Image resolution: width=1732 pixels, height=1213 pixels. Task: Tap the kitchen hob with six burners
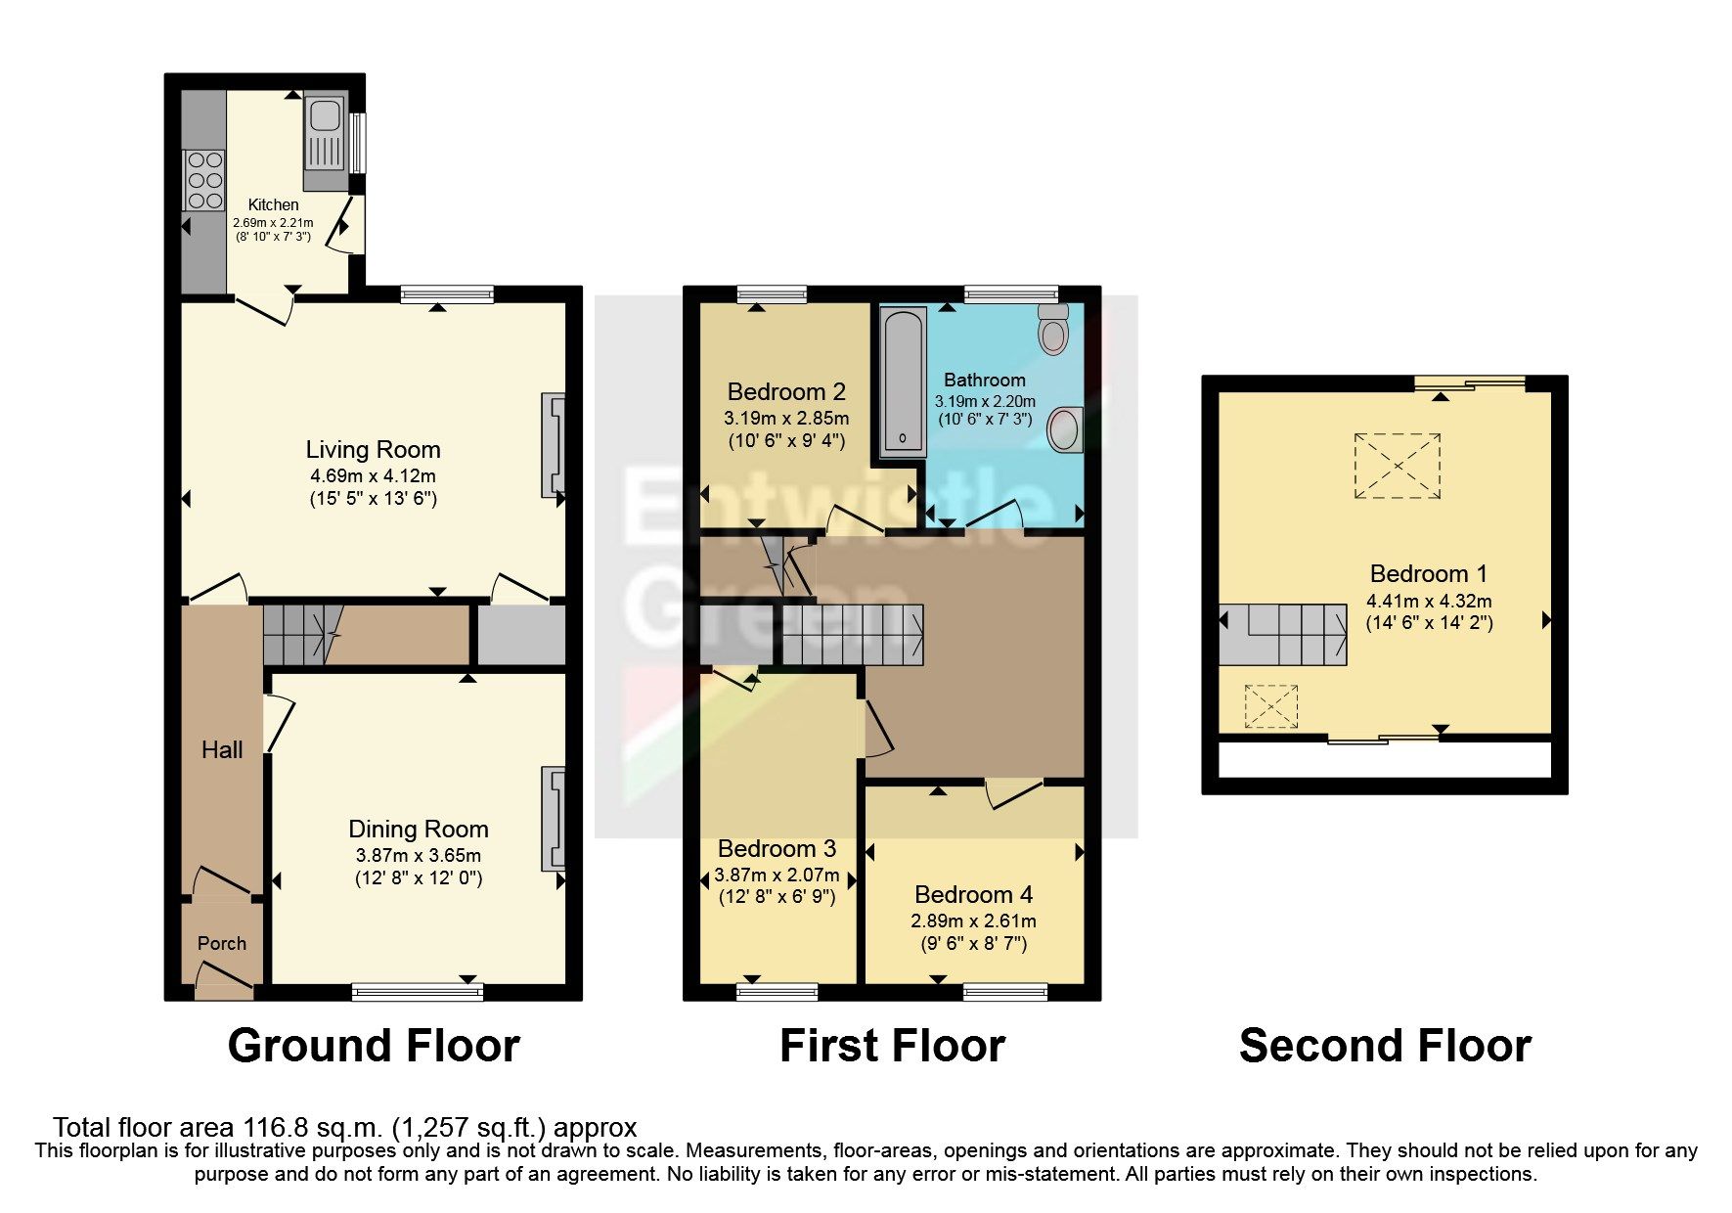203,180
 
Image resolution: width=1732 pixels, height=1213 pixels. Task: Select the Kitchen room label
273,204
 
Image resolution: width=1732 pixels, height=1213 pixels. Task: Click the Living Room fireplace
554,445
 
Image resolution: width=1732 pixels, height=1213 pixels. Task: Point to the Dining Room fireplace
554,819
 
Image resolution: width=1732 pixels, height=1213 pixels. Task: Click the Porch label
222,943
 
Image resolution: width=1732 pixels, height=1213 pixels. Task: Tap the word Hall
222,750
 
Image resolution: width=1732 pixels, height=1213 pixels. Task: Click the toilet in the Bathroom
1053,328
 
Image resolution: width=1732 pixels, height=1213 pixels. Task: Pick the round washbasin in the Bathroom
1065,430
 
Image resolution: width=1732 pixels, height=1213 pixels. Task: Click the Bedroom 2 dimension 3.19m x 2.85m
786,418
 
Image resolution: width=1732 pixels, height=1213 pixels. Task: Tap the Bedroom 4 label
973,894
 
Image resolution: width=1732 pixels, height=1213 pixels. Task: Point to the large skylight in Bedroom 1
1397,467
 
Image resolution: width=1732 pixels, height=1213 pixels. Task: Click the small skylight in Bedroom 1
1270,706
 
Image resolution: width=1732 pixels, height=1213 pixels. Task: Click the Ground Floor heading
374,1046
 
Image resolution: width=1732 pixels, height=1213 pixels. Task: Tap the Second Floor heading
1385,1046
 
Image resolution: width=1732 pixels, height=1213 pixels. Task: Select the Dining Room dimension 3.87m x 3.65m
419,855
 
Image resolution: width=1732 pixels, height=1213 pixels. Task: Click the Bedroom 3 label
777,848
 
